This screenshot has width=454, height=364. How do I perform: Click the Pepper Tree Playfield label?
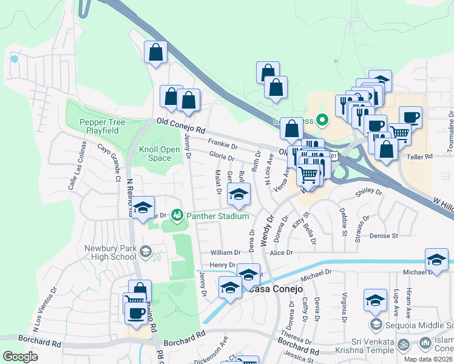(102, 126)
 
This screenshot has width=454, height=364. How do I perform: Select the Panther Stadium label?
(217, 216)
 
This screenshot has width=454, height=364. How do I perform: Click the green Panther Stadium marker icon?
(177, 215)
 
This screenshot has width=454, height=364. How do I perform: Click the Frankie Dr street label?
(222, 145)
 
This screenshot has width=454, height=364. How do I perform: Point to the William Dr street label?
(225, 252)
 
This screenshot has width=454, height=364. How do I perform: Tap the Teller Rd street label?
(419, 157)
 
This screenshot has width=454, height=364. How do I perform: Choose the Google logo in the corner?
(20, 357)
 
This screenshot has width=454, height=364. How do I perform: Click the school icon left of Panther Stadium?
(143, 208)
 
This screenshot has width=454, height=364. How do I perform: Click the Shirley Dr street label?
(369, 194)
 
